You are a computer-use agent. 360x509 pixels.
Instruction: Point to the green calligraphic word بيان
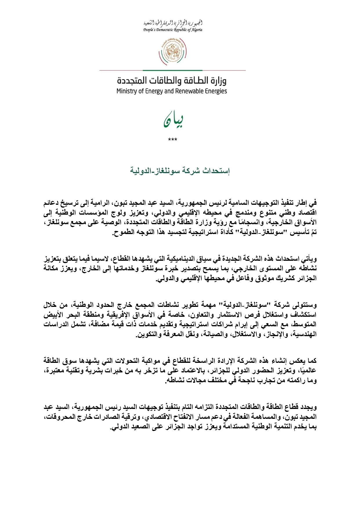(x=173, y=121)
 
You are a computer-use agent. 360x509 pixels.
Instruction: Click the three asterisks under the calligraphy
(x=173, y=140)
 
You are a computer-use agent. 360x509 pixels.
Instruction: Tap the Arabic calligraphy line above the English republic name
(x=173, y=23)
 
